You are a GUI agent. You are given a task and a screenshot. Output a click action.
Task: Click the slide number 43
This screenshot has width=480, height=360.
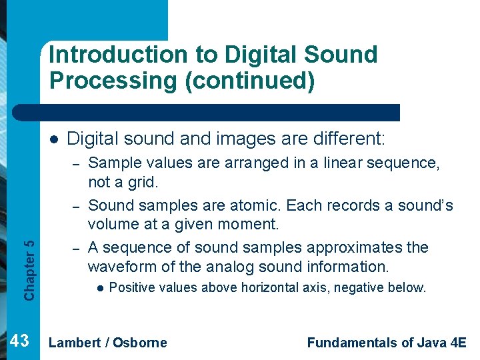click(x=20, y=341)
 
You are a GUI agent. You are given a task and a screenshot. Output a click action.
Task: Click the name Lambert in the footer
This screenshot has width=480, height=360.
click(x=75, y=343)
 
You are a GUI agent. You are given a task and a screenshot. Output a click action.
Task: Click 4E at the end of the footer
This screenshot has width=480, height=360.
click(x=457, y=343)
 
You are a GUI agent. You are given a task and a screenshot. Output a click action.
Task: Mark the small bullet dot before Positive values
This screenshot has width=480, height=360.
click(x=98, y=288)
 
